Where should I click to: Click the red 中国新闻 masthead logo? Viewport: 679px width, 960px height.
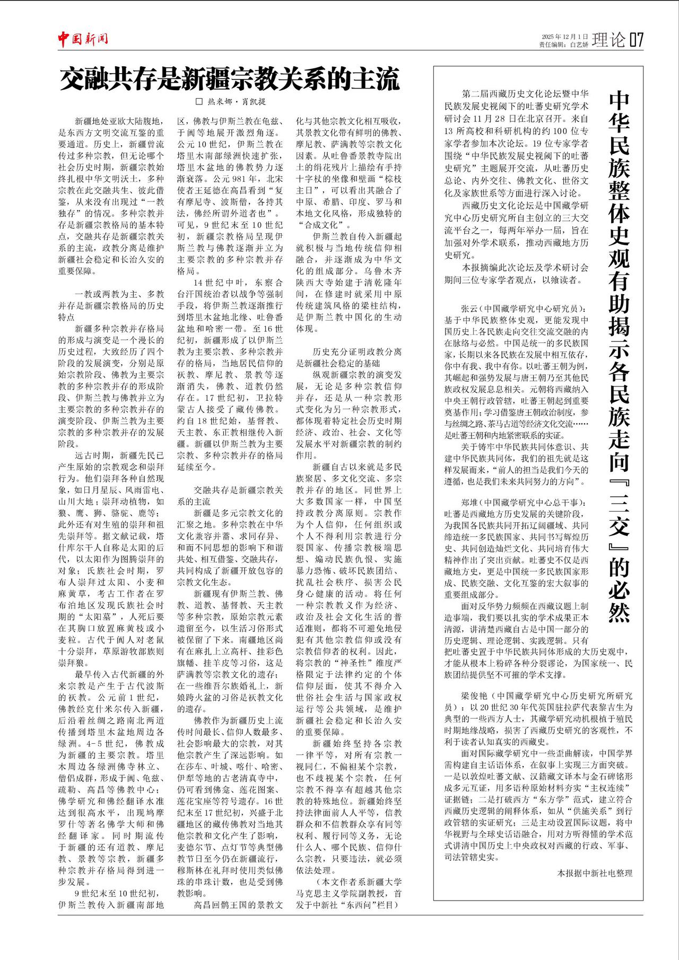(x=83, y=39)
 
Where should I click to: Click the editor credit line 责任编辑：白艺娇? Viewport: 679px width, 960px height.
(x=563, y=45)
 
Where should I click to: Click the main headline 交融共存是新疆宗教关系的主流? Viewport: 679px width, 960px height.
(x=229, y=80)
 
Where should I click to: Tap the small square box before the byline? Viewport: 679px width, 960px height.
(x=199, y=101)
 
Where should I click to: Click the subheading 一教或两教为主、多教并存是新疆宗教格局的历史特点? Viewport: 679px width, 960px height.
(x=111, y=305)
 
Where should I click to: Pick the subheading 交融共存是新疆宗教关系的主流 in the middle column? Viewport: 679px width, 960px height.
(x=230, y=496)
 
